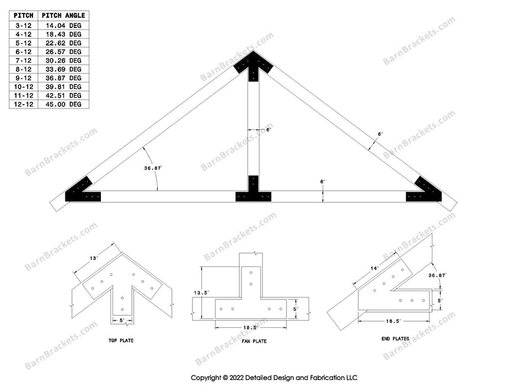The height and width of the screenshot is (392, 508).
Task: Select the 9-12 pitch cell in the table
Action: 23,77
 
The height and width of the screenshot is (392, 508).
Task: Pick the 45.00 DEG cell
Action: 66,103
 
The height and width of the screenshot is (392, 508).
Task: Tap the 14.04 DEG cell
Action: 66,25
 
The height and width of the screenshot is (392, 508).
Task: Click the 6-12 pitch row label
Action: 23,51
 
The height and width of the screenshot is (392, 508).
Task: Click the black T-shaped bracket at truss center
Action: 253,190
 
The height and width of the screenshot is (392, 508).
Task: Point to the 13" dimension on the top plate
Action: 95,258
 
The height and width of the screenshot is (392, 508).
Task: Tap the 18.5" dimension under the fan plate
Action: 253,327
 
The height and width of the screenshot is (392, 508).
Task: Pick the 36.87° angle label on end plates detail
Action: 436,275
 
